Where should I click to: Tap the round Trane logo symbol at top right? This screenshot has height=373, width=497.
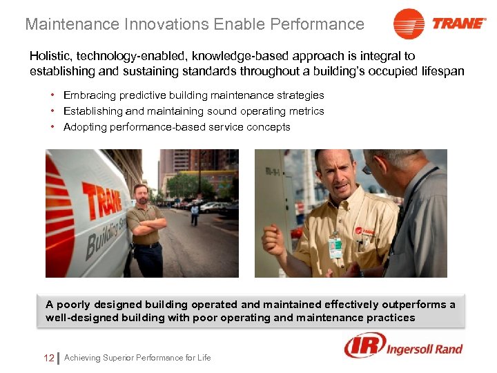[x=409, y=24]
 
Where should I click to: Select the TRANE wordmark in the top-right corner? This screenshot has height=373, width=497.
[x=459, y=23]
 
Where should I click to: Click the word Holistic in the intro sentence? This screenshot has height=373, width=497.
[x=50, y=56]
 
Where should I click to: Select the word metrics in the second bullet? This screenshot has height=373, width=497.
[x=306, y=111]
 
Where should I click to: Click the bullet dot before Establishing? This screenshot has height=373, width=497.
[x=52, y=111]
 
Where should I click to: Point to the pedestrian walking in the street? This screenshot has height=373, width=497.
[x=195, y=215]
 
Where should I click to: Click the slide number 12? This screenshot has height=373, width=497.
[x=48, y=358]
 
